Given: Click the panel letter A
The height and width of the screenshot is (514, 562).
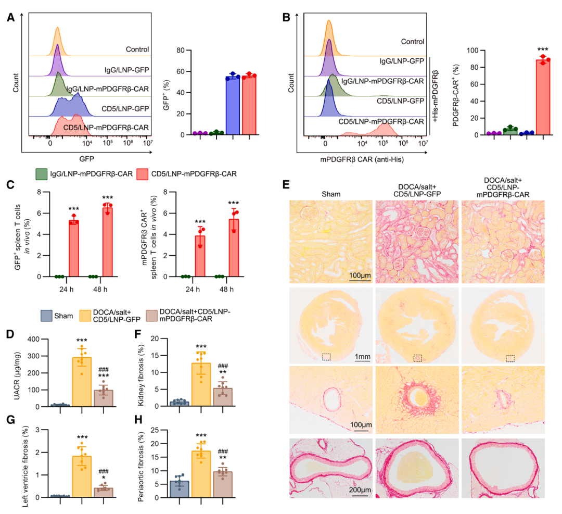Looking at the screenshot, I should click(x=10, y=17).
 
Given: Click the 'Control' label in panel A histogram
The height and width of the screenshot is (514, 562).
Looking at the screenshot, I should click(x=137, y=50).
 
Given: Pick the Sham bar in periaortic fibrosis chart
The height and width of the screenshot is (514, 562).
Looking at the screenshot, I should click(x=178, y=488).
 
